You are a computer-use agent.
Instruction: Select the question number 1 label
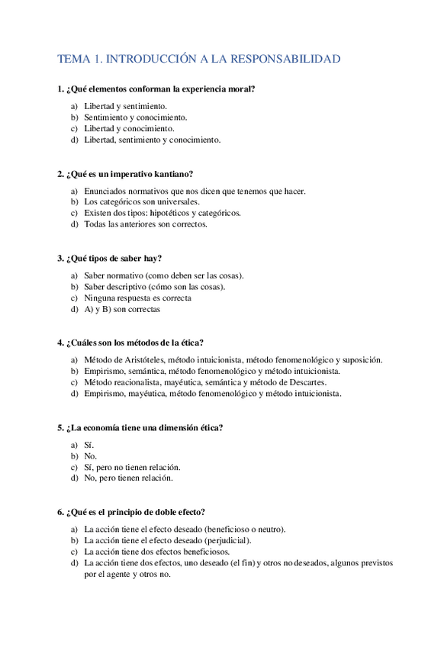click(x=60, y=89)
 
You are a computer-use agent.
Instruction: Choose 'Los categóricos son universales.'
click(x=141, y=201)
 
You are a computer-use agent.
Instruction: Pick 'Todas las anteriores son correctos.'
click(x=145, y=224)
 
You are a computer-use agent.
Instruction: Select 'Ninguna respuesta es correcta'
click(x=137, y=298)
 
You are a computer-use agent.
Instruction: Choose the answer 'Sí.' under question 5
click(x=89, y=444)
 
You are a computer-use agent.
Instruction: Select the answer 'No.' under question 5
click(x=90, y=455)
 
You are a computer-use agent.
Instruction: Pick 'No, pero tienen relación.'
click(x=128, y=478)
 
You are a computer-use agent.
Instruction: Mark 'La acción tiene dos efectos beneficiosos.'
click(x=156, y=551)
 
